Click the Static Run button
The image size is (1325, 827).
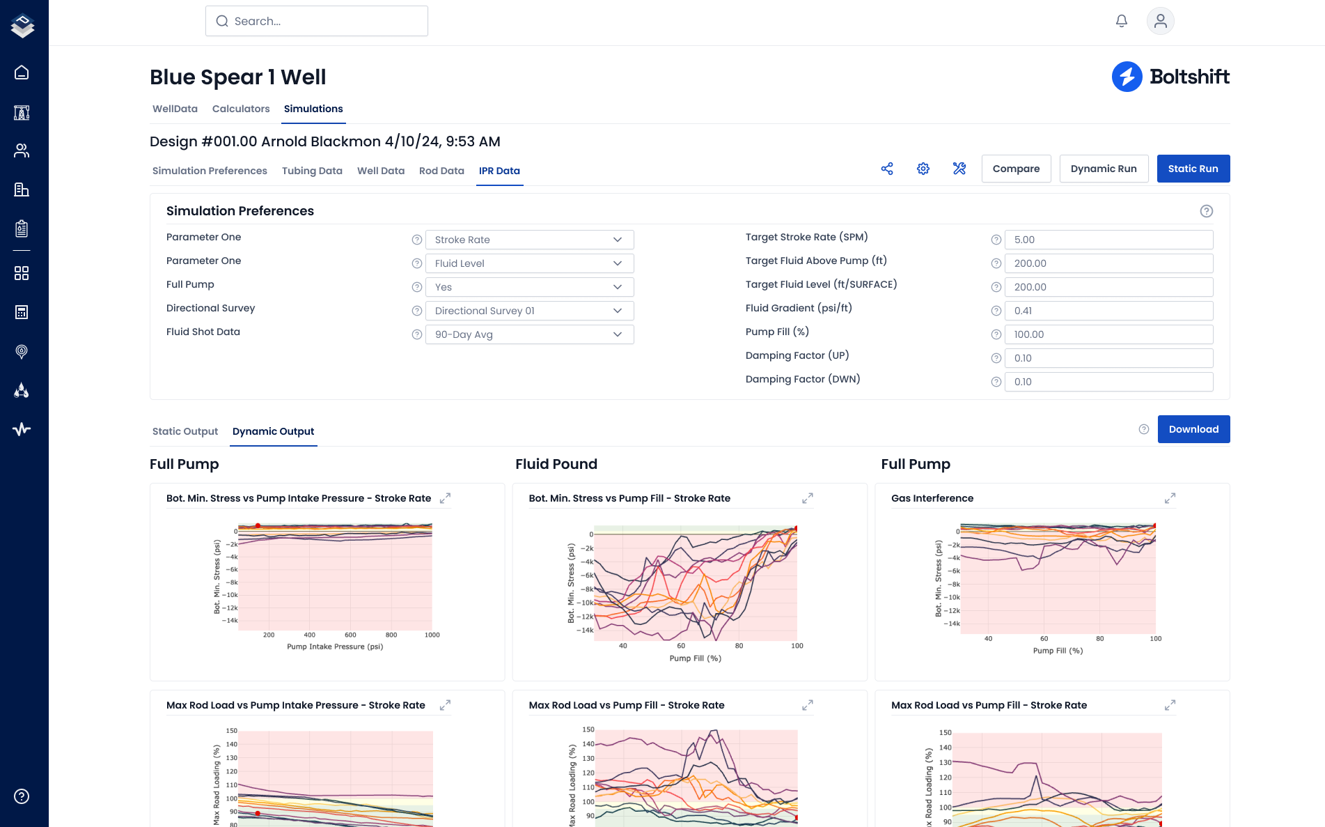click(1193, 169)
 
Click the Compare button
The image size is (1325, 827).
click(1016, 169)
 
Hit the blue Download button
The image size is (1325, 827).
click(1193, 429)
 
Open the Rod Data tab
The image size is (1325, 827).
click(441, 171)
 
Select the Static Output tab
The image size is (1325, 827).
click(185, 431)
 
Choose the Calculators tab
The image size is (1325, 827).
click(241, 109)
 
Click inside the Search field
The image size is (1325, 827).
click(317, 21)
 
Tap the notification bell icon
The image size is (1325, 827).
click(1122, 21)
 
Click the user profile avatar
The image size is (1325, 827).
click(1160, 21)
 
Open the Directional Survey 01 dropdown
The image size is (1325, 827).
click(529, 311)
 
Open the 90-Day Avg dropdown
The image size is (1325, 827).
click(529, 334)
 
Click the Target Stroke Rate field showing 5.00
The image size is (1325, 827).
click(1108, 240)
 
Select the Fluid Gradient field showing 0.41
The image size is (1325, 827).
click(1108, 311)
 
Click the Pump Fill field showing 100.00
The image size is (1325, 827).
click(1108, 334)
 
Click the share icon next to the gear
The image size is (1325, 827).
click(887, 169)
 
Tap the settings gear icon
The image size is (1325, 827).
click(923, 169)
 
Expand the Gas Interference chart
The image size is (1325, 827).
click(1170, 498)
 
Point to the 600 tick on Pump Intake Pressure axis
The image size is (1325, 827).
click(350, 635)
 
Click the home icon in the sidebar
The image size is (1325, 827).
click(22, 72)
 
